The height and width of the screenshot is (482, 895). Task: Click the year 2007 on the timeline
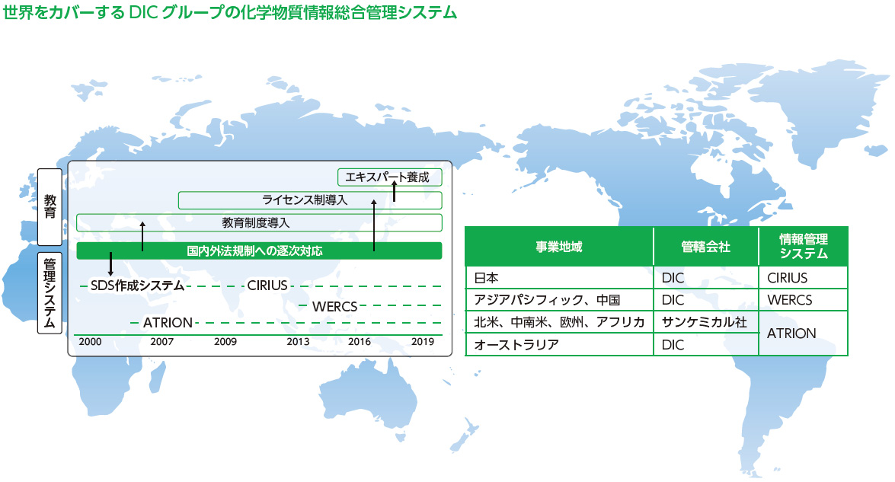point(161,342)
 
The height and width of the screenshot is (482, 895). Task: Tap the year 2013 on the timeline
point(298,342)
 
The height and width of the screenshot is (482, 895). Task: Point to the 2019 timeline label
point(423,342)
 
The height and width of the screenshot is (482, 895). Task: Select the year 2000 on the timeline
point(90,342)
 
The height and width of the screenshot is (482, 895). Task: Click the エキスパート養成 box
point(390,177)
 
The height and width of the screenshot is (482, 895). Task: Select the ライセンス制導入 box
point(310,200)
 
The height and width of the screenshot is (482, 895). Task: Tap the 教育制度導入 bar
point(259,222)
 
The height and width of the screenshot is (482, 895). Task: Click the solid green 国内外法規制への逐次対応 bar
point(259,251)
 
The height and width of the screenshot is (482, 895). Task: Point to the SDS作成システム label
point(137,286)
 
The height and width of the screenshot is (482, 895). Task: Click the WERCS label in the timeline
point(334,307)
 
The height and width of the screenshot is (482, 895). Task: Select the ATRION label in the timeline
point(168,323)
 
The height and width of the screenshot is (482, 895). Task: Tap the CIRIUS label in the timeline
point(267,286)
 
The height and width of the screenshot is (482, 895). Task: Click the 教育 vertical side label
point(50,206)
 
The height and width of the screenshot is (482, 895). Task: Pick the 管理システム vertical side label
point(50,293)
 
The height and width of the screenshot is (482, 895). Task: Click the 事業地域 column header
point(559,247)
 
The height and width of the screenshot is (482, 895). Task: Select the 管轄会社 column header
point(705,247)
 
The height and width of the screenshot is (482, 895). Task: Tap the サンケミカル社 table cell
point(705,322)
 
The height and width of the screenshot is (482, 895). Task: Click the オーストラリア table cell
point(559,344)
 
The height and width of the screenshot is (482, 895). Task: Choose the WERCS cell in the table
point(803,300)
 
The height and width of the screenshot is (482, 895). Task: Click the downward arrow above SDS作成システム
point(110,264)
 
